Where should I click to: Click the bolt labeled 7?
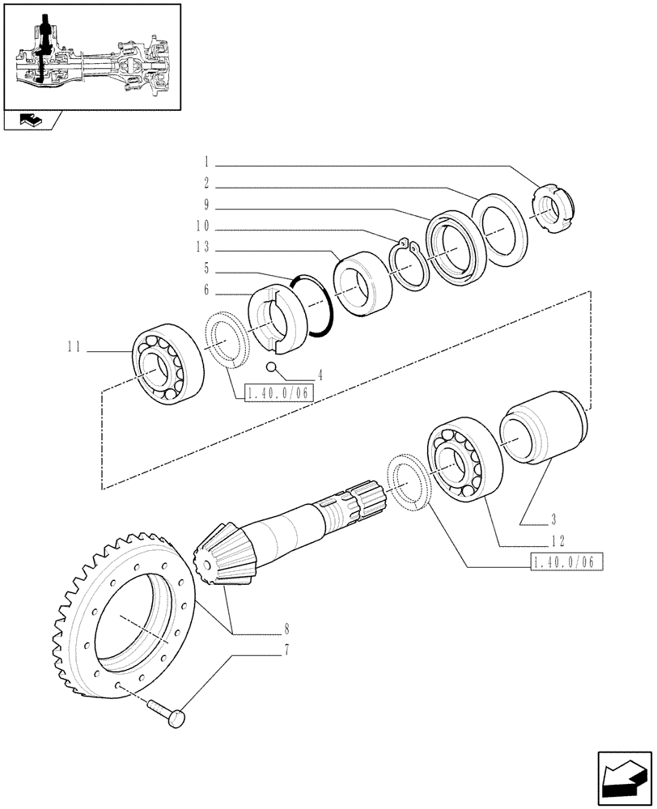168,713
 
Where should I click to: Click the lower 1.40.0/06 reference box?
568,562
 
